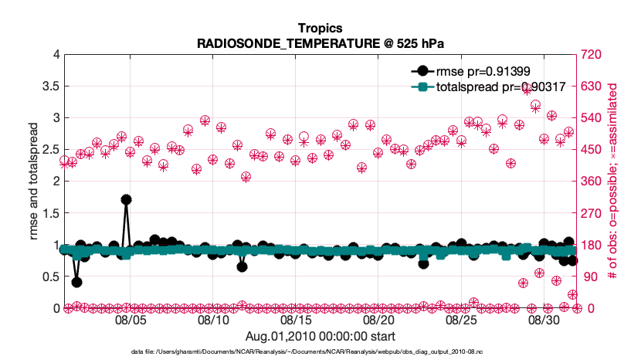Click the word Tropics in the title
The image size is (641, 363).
point(320,29)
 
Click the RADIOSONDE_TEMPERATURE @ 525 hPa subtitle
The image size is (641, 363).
point(320,43)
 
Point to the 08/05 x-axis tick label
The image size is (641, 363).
point(131,320)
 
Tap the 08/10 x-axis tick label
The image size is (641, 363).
point(213,320)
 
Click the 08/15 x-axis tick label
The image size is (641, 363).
point(296,320)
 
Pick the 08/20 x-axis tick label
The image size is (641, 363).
point(378,320)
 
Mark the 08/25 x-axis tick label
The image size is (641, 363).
point(461,320)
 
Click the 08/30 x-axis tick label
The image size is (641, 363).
point(544,320)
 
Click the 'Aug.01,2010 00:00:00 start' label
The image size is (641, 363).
point(320,337)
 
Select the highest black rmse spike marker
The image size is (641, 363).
point(126,199)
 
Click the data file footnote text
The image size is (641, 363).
point(320,352)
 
